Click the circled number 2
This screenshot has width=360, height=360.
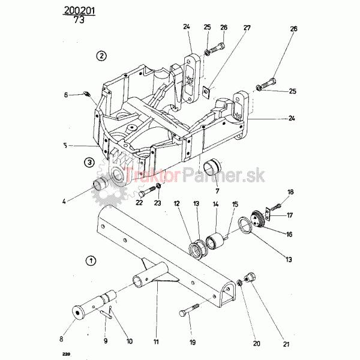tap(101, 56)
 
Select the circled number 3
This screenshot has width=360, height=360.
tap(89, 163)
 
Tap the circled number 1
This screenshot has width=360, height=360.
tap(91, 260)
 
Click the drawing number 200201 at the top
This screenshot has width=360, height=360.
tap(79, 10)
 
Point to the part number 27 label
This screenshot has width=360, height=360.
tap(247, 28)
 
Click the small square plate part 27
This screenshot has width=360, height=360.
tap(207, 92)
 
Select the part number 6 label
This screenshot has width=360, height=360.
tap(66, 95)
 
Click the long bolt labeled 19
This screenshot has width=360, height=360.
tap(189, 310)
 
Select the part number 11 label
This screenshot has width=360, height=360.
tap(156, 342)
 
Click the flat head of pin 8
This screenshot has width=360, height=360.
tap(78, 313)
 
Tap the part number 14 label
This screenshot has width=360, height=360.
tap(216, 204)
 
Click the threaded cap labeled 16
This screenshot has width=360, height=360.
tap(258, 218)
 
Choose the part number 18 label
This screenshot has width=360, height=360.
tap(290, 192)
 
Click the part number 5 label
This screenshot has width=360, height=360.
tap(65, 146)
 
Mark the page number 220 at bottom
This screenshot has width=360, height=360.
tap(67, 354)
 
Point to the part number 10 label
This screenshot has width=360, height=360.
tap(130, 341)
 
